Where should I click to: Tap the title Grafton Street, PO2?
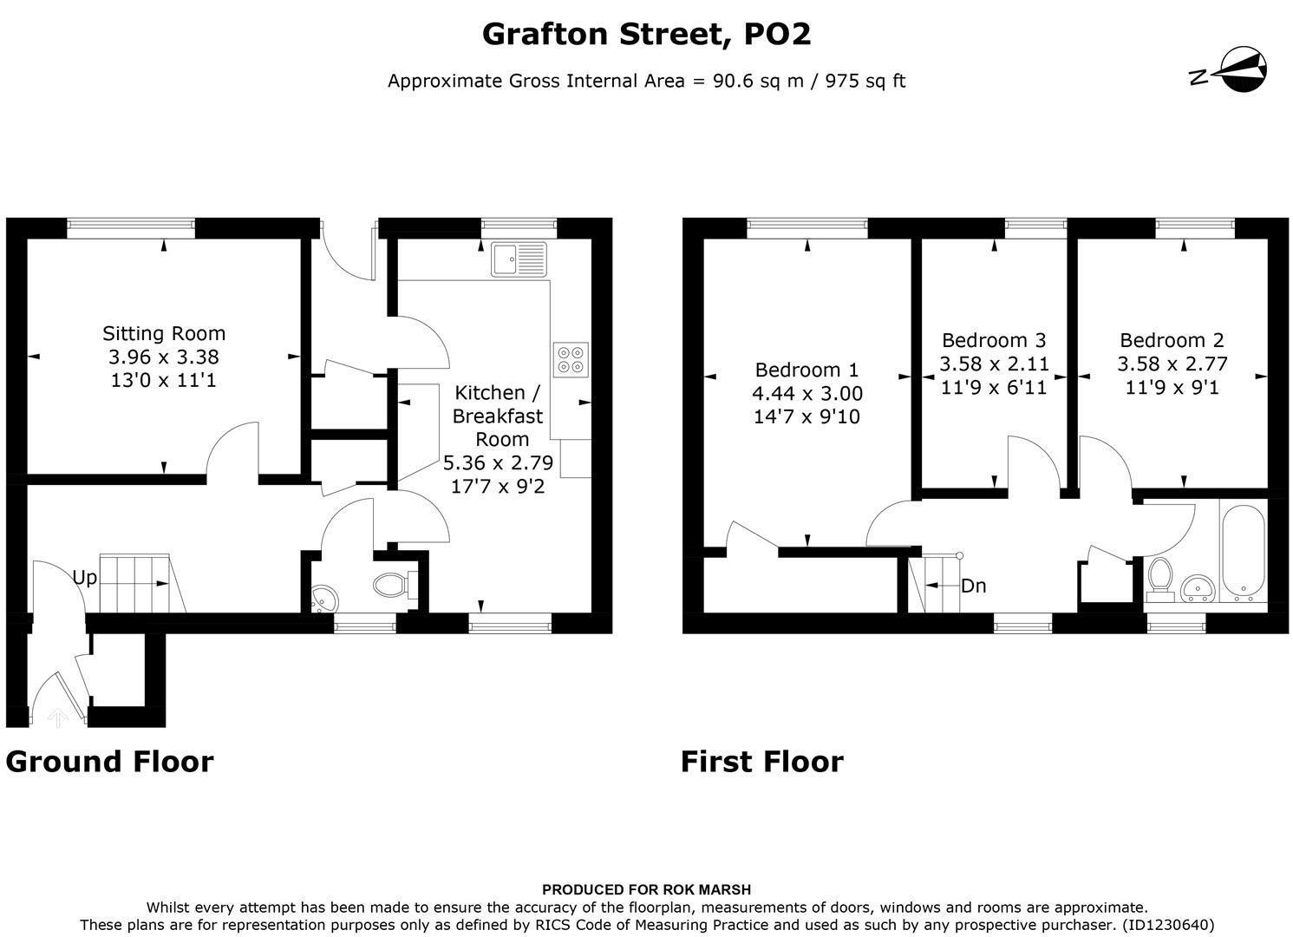click(x=646, y=34)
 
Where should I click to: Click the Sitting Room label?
click(x=164, y=333)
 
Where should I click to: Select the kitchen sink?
click(x=519, y=259)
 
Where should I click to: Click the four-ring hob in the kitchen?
click(x=571, y=359)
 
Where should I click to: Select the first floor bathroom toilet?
click(x=1159, y=580)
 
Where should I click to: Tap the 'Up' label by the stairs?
click(x=84, y=578)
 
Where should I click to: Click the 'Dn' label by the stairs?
click(x=974, y=586)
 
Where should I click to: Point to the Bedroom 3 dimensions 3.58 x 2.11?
click(x=994, y=364)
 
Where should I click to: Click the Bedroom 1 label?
click(x=806, y=370)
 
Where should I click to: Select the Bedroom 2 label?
click(x=1172, y=340)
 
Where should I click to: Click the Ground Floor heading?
click(x=109, y=761)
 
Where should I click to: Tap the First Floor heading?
click(x=761, y=761)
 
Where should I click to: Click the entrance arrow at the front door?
click(x=57, y=717)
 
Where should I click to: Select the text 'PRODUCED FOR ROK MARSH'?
click(x=646, y=889)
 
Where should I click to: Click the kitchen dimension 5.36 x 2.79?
click(x=498, y=462)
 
